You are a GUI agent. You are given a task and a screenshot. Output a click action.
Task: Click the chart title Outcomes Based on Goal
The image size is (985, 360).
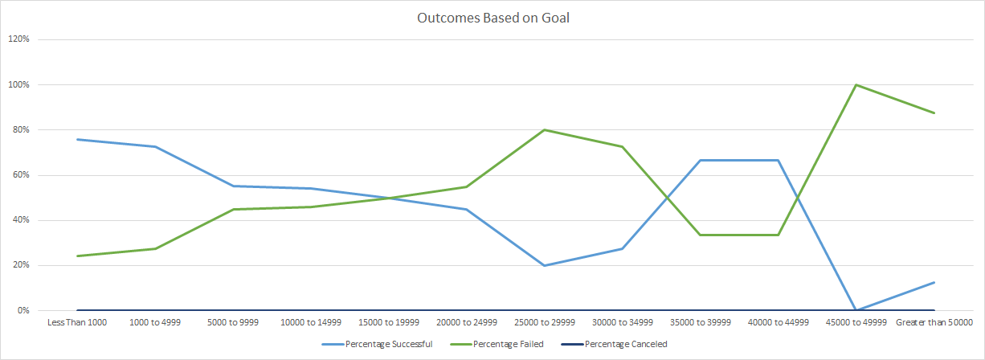click(492, 18)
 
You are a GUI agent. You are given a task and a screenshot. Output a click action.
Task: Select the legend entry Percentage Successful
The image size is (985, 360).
click(388, 344)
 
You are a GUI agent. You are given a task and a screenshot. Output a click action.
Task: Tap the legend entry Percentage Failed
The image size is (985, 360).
click(510, 344)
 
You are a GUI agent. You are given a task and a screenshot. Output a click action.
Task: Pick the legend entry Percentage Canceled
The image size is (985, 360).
click(626, 344)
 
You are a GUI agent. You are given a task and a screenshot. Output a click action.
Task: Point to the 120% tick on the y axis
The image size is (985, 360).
click(19, 39)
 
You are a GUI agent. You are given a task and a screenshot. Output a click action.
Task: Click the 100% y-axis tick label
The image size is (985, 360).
click(19, 84)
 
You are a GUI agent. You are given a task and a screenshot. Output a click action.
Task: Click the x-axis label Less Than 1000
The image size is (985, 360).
click(76, 322)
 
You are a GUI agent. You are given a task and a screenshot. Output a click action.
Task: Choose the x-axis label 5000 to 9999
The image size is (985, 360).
click(232, 322)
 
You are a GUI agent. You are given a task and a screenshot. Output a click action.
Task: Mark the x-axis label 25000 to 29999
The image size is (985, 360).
click(545, 322)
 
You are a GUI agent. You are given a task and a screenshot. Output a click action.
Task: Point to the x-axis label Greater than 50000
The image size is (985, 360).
click(934, 322)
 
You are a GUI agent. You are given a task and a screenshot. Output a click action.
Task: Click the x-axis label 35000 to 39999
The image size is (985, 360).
click(701, 322)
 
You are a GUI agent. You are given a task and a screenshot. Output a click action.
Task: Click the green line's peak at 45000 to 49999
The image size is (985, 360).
click(856, 84)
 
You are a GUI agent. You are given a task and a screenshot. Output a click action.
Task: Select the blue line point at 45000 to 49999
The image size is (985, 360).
click(856, 310)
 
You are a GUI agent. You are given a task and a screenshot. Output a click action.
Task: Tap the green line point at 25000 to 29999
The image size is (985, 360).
click(545, 129)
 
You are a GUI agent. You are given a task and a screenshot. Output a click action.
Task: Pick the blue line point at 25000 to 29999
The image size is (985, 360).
click(545, 265)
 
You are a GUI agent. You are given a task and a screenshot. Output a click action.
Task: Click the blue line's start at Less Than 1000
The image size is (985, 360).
click(76, 139)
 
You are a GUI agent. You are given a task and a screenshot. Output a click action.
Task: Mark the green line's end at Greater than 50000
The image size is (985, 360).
click(934, 112)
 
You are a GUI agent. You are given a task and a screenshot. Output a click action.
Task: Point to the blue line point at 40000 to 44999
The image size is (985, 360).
click(779, 160)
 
